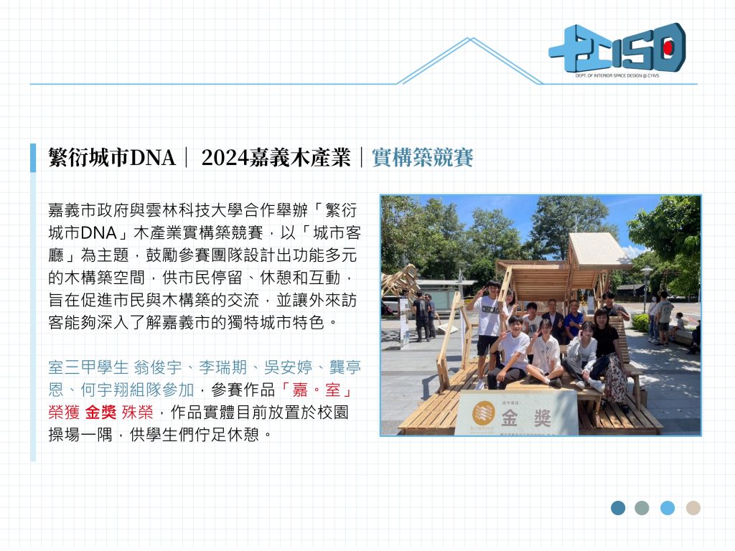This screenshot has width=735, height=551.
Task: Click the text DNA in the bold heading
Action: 152,158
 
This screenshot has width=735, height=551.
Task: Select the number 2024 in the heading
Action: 225,158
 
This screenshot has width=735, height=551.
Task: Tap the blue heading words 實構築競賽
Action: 422,157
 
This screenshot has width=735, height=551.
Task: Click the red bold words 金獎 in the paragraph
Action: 100,413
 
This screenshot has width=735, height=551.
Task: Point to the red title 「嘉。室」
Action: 317,390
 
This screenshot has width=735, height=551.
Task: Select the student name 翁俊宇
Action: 157,367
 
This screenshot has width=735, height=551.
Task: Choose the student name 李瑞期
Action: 223,367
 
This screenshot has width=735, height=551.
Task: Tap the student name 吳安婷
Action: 288,367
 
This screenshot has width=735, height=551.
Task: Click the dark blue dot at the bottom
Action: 618,508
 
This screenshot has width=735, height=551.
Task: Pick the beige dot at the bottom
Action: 693,508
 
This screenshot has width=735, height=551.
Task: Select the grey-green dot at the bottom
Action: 642,508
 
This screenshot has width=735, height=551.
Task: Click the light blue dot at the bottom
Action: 668,508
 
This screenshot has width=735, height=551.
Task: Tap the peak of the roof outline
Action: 471,39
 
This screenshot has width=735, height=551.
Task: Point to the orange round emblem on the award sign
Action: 483,413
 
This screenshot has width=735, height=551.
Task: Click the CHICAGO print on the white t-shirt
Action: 490,310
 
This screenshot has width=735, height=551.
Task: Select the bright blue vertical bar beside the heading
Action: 33,158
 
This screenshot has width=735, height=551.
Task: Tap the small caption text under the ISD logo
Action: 617,75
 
